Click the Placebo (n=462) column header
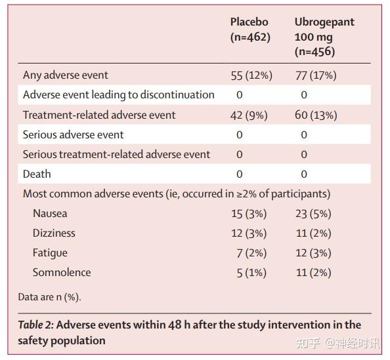[250, 30]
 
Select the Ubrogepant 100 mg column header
[324, 37]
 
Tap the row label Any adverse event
[66, 75]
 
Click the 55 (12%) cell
[251, 75]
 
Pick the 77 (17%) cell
[316, 75]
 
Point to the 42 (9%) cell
[249, 115]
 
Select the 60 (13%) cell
[316, 115]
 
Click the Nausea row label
[50, 213]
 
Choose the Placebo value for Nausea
[249, 214]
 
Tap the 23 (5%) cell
[313, 214]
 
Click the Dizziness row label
[54, 233]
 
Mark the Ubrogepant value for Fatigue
[313, 253]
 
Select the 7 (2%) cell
[251, 253]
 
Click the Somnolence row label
[62, 273]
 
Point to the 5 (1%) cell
[251, 273]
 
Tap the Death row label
[37, 174]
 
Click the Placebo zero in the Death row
[239, 174]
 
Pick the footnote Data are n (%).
[49, 297]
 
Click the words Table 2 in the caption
[36, 325]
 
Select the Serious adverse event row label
[73, 134]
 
